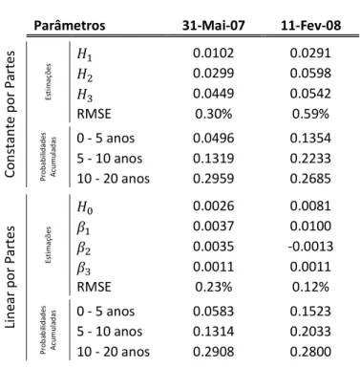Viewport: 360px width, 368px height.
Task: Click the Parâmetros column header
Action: [x=70, y=25]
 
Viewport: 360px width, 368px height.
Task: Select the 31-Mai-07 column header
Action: [x=213, y=25]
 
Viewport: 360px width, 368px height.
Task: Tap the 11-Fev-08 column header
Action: [x=310, y=25]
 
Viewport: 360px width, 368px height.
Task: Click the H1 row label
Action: [x=85, y=54]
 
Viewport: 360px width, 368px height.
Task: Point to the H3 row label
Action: [x=85, y=95]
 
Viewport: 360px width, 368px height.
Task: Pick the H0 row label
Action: [x=85, y=207]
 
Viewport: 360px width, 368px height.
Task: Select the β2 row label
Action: [x=84, y=249]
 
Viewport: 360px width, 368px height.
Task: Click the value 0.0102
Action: [x=213, y=53]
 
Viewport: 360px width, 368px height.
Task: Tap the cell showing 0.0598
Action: [x=310, y=73]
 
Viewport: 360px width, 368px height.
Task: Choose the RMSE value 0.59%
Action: [x=310, y=114]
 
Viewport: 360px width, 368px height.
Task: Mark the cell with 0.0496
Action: [x=213, y=138]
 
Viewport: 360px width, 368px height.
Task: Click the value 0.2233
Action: [x=310, y=159]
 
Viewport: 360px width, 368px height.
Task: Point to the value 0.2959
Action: [x=213, y=179]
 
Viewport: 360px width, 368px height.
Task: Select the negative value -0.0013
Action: [x=310, y=247]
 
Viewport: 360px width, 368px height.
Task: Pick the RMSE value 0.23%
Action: [x=213, y=287]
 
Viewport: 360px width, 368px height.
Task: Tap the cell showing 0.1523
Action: [x=310, y=312]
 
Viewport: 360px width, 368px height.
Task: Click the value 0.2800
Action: [x=310, y=352]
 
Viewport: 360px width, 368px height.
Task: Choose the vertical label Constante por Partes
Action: [x=11, y=114]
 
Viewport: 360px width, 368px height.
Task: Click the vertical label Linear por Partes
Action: [x=11, y=277]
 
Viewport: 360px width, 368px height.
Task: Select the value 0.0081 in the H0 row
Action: [x=310, y=206]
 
